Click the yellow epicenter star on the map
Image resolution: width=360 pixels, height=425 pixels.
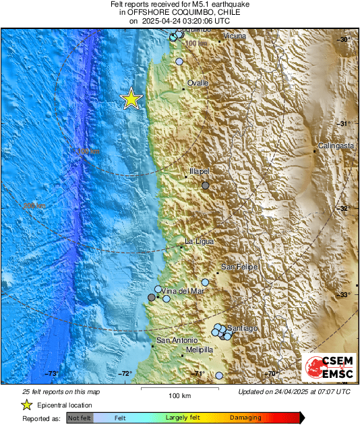(131, 99)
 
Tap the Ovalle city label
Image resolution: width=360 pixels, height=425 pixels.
(198, 83)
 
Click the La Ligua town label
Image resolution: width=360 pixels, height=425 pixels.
(199, 241)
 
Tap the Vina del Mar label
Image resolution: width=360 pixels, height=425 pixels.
(182, 291)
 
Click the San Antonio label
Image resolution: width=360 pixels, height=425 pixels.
(177, 341)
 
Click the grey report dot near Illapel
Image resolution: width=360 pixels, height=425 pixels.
(206, 185)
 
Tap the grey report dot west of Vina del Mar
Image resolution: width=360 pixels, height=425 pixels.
(152, 297)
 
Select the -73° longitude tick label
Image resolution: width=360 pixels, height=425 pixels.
(53, 374)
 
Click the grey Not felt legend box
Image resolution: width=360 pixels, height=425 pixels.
(80, 418)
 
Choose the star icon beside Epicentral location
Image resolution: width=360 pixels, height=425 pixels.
(26, 405)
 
